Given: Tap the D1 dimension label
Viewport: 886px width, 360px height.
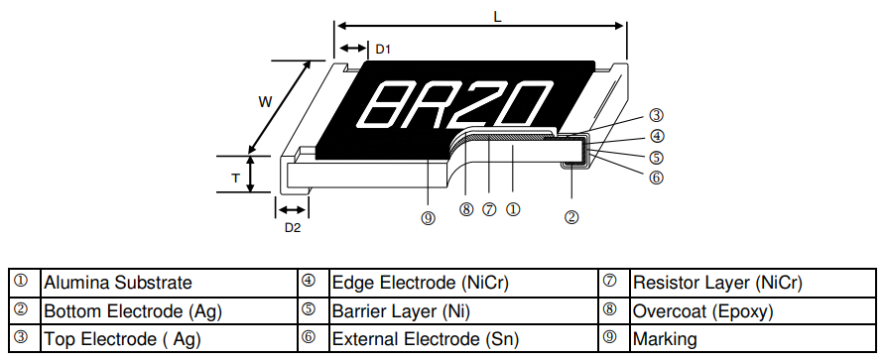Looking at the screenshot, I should [383, 49].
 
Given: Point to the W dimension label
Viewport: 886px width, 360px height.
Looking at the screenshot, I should [265, 102].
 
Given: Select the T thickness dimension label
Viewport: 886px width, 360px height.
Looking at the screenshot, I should [235, 177].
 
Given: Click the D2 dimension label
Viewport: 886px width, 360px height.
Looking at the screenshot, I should [292, 228].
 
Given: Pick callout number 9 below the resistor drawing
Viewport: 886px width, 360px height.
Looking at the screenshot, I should [428, 219].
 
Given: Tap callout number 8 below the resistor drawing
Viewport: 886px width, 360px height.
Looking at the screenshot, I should [466, 209].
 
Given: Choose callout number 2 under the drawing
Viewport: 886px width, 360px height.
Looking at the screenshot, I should [571, 217].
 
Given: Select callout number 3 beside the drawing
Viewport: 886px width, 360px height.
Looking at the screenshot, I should [656, 116].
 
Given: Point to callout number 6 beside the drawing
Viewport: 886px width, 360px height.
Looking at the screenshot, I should [656, 178].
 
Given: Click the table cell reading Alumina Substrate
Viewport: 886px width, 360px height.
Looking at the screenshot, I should [117, 283].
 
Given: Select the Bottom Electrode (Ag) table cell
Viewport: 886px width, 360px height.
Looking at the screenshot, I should [132, 310].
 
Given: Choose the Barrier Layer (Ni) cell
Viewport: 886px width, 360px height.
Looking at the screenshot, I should [406, 310].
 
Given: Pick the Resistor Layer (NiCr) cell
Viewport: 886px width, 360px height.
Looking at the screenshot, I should [716, 283].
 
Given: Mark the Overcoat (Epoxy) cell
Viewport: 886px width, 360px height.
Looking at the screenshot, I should [701, 310].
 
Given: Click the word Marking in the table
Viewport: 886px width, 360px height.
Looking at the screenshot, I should [665, 338].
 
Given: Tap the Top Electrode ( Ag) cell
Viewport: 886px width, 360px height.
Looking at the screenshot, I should [122, 338].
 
